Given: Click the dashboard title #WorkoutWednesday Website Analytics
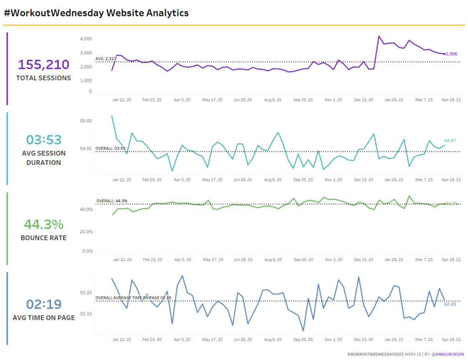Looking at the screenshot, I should (96, 13).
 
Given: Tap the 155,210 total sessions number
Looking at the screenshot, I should (43, 65).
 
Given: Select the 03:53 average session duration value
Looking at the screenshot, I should (43, 140).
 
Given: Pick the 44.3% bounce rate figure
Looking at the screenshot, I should (43, 224).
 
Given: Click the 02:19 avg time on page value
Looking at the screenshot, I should (43, 304).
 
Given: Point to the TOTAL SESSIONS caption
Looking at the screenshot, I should (43, 78).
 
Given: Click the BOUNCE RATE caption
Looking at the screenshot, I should (43, 238).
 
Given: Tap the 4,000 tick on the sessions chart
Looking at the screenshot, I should (86, 39).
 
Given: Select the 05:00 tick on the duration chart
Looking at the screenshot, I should (86, 121).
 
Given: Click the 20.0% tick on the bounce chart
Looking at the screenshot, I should (86, 232).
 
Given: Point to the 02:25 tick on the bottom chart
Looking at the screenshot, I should (86, 292).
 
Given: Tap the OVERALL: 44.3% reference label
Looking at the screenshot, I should (112, 201).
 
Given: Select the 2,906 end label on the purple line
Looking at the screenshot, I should (451, 54).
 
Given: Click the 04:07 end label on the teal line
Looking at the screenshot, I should (450, 141).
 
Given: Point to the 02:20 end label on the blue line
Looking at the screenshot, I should (450, 304).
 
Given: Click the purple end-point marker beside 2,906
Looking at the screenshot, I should (444, 54).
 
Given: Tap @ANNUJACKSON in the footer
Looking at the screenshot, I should (448, 354).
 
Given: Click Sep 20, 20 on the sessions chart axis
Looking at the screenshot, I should (303, 100).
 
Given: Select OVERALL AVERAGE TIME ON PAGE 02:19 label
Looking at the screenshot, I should (133, 298).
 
